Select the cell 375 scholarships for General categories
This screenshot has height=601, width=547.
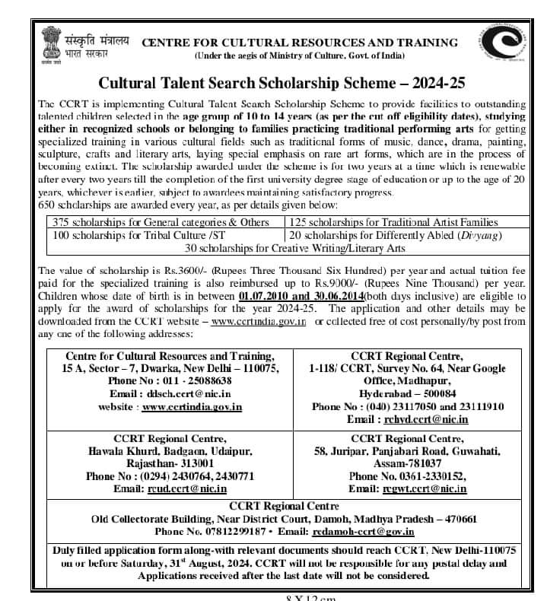161,222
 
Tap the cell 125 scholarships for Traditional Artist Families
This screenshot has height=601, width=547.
393,222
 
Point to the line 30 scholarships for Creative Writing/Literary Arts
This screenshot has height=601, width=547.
278,248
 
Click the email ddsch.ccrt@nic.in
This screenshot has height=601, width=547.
183,393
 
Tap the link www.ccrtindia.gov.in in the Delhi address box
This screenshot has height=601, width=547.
192,406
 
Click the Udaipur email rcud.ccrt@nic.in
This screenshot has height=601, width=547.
189,488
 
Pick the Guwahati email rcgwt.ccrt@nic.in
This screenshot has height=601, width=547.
425,488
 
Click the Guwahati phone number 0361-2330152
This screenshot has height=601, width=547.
407,475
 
